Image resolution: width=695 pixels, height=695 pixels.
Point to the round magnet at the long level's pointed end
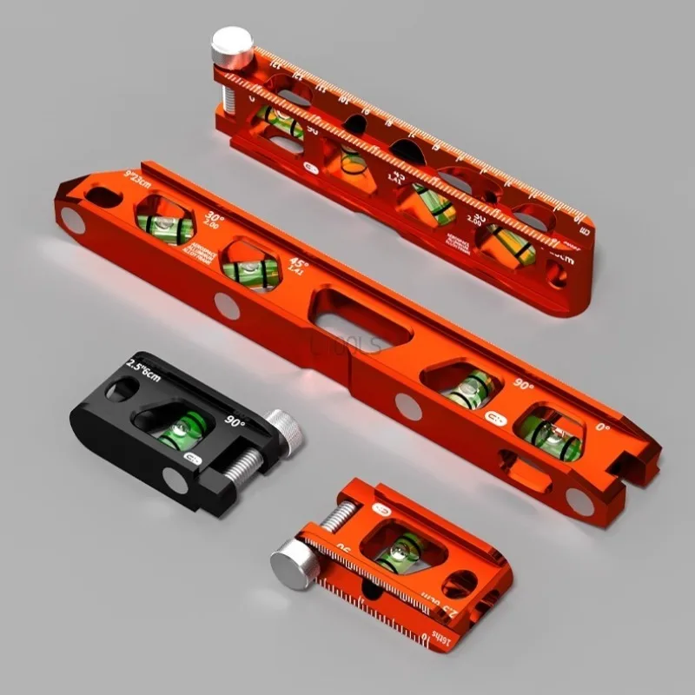coord(72,223)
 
